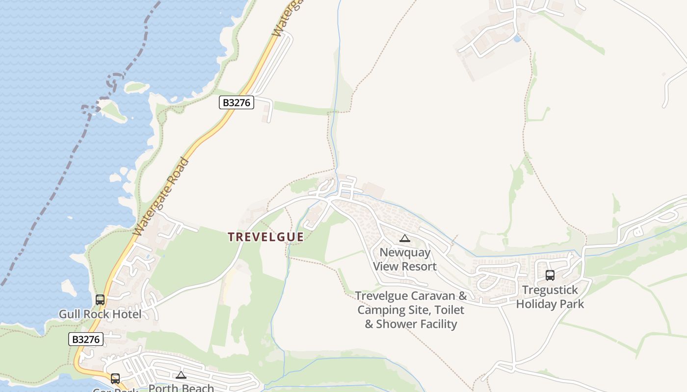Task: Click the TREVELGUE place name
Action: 265,237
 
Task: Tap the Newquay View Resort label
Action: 405,260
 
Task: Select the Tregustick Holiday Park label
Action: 550,297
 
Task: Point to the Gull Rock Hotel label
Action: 100,314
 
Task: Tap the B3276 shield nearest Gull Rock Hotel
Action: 86,339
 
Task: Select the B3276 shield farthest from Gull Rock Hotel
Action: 236,102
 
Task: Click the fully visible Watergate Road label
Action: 161,196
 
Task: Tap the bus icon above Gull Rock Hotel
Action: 100,299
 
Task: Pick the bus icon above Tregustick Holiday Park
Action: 550,275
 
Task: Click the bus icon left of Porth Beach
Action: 115,378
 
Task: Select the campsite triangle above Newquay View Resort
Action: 405,239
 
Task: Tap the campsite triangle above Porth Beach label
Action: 181,375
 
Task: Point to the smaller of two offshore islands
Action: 136,87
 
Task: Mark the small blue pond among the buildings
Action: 516,38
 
